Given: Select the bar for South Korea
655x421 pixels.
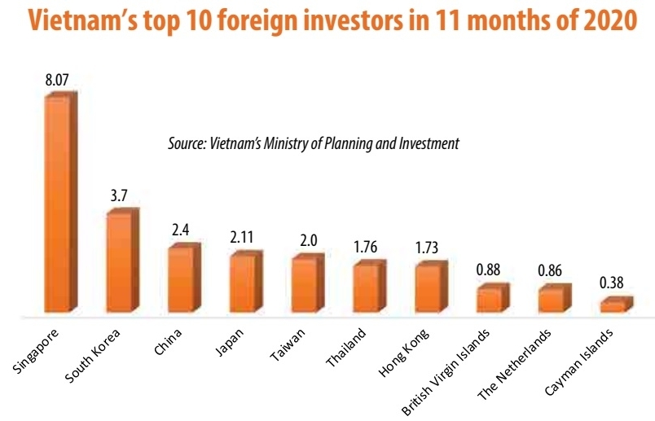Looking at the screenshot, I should tap(121, 262).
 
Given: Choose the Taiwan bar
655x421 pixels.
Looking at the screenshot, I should tap(304, 286).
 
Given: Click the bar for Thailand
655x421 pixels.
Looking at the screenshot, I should tap(366, 288).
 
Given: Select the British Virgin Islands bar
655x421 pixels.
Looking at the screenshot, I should tap(490, 300).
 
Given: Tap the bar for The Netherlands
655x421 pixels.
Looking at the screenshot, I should tap(551, 300).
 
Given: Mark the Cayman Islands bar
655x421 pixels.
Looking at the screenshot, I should tap(613, 306).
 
